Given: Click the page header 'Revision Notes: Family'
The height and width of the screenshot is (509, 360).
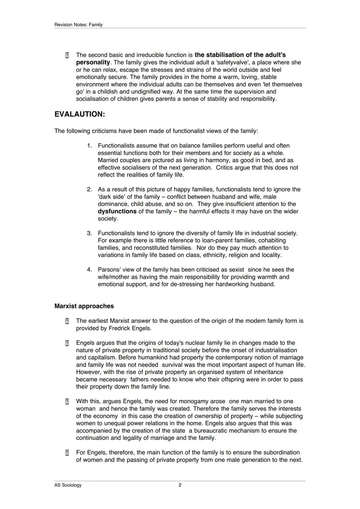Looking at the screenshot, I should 78,25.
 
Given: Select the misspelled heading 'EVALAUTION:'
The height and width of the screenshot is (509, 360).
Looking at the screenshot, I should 80,114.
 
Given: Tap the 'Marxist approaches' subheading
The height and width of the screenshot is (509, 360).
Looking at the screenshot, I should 84,306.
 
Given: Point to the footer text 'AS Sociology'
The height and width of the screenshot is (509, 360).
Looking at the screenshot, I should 68,485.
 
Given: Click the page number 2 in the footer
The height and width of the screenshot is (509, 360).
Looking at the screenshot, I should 180,485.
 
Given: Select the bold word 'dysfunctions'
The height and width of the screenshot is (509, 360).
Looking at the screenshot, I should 117,211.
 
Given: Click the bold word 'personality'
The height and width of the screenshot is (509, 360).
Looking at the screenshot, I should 93,62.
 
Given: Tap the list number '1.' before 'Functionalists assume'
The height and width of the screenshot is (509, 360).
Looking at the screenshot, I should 89,146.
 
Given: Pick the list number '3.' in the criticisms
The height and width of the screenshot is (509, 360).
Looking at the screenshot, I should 89,233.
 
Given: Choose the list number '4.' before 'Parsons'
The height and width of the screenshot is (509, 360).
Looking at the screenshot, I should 89,270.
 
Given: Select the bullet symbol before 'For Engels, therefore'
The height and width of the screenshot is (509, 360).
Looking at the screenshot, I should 67,453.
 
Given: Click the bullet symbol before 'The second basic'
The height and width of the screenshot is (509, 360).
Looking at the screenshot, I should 67,55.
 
